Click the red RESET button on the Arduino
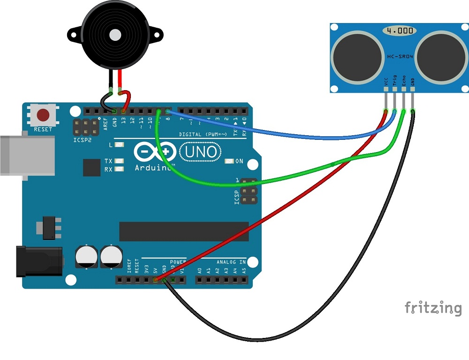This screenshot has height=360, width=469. (x=44, y=115)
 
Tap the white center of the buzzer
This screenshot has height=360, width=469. (x=114, y=34)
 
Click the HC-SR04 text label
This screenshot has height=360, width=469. (x=400, y=56)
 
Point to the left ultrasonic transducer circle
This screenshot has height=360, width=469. (x=358, y=57)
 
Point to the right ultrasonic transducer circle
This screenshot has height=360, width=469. (x=440, y=57)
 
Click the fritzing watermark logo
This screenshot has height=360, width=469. (x=432, y=308)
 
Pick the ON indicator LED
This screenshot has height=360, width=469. (x=229, y=161)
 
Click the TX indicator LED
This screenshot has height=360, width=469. (x=119, y=161)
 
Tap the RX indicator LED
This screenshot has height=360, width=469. (x=119, y=169)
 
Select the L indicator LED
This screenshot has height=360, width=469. (x=119, y=145)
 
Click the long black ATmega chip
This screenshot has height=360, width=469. (x=184, y=231)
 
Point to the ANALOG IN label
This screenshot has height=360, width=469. (x=231, y=262)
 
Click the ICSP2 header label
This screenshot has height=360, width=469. (x=82, y=139)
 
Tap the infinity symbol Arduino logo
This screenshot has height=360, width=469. (x=155, y=152)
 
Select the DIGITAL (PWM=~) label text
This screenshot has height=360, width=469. (x=203, y=134)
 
